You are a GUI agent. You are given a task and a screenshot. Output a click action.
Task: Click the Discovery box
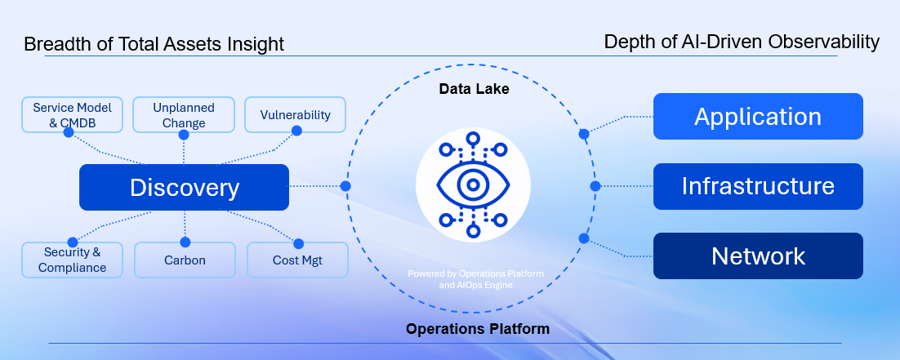coord(184,187)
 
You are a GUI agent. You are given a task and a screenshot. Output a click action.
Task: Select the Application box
coord(758,116)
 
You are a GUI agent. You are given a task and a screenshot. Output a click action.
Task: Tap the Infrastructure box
coord(758,186)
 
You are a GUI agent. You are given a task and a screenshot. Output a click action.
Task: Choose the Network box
coord(758,256)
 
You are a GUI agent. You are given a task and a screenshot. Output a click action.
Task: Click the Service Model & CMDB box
coord(72,115)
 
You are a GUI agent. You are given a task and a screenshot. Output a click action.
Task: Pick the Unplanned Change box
coord(184,115)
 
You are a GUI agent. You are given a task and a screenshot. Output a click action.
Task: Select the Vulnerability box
coord(295,115)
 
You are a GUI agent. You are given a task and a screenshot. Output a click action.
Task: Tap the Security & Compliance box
coord(72,260)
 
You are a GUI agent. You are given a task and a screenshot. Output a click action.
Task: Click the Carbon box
coord(184,260)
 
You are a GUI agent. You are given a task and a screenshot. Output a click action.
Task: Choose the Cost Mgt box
coord(297,260)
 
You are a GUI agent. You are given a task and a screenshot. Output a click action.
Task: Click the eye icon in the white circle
coord(473,185)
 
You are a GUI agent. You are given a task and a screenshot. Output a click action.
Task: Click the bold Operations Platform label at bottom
coord(478,330)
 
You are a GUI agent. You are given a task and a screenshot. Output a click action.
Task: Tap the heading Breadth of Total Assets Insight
coord(154,44)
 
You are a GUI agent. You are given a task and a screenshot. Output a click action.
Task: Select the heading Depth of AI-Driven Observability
coord(742,42)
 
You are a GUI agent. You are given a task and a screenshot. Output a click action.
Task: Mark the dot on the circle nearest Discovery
coord(345,186)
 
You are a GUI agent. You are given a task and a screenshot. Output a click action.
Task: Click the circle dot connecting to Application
coord(584,133)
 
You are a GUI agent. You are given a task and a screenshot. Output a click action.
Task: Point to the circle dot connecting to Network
coord(583,238)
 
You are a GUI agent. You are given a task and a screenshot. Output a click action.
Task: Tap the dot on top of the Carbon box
coord(185,242)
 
